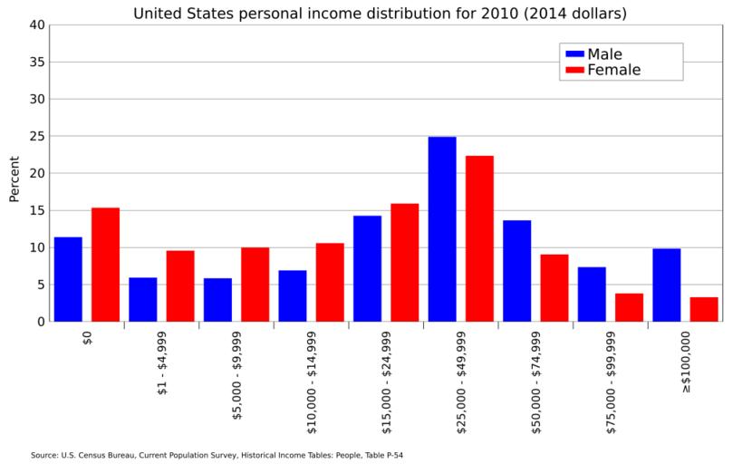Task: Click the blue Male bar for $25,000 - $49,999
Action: point(442,229)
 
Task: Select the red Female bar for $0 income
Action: point(105,265)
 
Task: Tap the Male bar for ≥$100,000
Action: point(666,285)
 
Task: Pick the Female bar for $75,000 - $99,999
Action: point(629,307)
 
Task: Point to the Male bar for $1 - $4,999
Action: point(142,299)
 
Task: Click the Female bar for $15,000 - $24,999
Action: point(404,263)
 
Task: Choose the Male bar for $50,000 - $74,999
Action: point(516,271)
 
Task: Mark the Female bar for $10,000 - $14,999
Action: point(330,282)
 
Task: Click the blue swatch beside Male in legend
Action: point(574,54)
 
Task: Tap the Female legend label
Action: point(614,70)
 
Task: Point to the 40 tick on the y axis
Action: point(36,25)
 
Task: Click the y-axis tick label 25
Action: point(36,137)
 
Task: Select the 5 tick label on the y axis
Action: point(40,285)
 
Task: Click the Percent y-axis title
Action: point(14,179)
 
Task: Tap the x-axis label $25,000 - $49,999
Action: point(461,382)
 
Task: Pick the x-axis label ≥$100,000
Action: point(686,362)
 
